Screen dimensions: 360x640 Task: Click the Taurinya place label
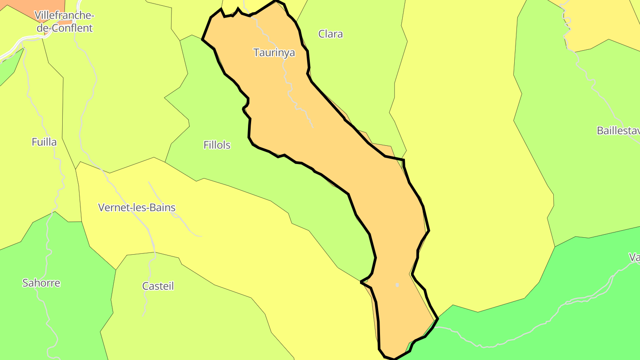pyautogui.click(x=274, y=52)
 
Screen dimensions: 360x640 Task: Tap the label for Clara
pyautogui.click(x=330, y=34)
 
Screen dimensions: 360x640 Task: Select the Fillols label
pyautogui.click(x=217, y=145)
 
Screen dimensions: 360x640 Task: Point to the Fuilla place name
pyautogui.click(x=44, y=142)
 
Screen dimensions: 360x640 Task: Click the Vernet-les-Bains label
pyautogui.click(x=136, y=208)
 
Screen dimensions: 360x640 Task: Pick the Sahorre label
pyautogui.click(x=41, y=283)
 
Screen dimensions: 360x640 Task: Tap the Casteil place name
pyautogui.click(x=158, y=286)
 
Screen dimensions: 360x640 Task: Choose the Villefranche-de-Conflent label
pyautogui.click(x=64, y=22)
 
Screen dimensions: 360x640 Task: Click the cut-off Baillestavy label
pyautogui.click(x=618, y=131)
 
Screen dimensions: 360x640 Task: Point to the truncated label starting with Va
pyautogui.click(x=634, y=257)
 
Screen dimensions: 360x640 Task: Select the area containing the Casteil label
pyautogui.click(x=187, y=311)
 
